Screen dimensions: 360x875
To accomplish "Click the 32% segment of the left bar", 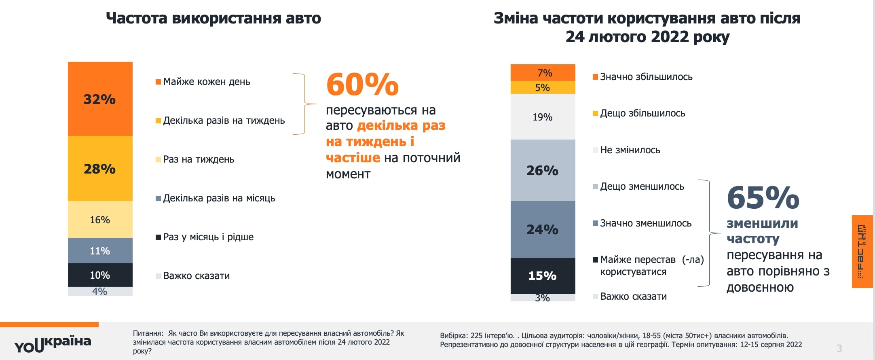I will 100,99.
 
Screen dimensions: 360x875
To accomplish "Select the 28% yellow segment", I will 100,168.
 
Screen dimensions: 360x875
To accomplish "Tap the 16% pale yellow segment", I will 100,220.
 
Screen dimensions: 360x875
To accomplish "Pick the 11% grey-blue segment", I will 100,251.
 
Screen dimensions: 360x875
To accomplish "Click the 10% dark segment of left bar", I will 100,275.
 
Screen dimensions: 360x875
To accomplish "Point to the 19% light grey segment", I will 543,117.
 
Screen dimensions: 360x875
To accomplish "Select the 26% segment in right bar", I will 543,170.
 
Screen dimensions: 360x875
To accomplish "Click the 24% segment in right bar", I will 543,229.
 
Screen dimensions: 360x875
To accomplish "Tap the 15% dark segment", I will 543,276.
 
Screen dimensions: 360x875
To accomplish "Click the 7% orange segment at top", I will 543,73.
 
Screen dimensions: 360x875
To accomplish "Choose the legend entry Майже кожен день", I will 206,82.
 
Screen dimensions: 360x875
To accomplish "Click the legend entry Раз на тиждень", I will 198,159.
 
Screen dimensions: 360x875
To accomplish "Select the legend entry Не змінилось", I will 630,150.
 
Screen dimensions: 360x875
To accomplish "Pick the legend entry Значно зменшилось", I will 645,223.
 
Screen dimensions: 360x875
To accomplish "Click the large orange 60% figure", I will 362,85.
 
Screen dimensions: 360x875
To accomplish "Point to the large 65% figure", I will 763,198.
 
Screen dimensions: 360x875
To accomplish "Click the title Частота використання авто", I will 213,18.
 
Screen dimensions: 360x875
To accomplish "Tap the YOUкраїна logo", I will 53,344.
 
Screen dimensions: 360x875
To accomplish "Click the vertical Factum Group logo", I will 862,252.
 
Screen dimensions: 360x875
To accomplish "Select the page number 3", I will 839,348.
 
